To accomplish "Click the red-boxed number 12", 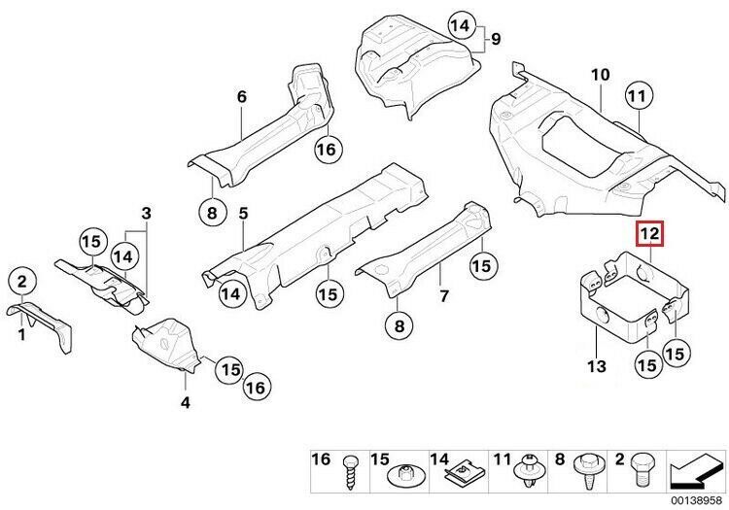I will point(648,234).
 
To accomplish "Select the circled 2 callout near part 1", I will point(22,283).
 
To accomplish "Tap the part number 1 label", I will point(20,334).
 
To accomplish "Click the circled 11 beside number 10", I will point(638,96).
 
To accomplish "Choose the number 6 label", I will point(242,96).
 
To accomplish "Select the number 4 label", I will point(186,400).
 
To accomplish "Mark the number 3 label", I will point(146,213).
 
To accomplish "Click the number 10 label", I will point(599,74).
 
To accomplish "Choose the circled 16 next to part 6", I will point(326,150).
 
